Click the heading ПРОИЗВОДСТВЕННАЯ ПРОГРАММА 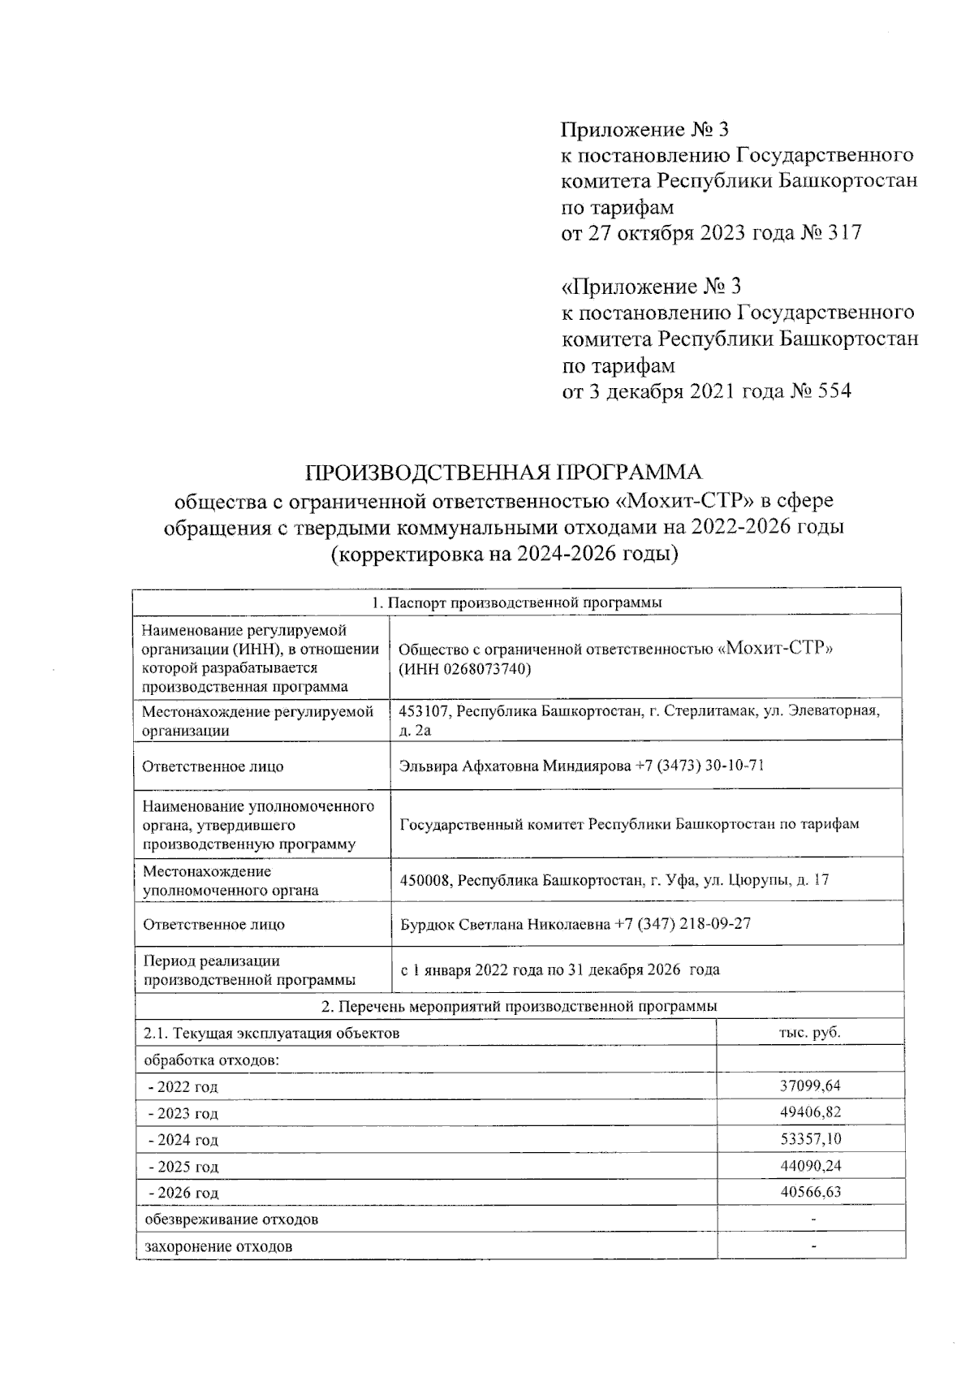coord(502,473)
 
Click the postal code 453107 coord(423,711)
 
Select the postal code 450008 coord(426,880)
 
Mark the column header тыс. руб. coord(809,1033)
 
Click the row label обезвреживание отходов coord(231,1219)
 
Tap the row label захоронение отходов coord(218,1246)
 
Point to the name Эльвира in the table coord(428,766)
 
